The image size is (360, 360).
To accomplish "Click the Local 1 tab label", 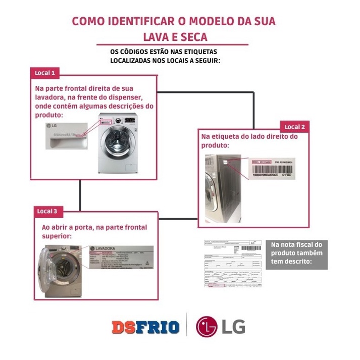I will [45, 73].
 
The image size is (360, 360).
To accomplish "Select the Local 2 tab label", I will [294, 127].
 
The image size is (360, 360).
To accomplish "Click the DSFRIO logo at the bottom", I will [145, 327].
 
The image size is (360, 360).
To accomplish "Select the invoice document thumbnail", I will [232, 264].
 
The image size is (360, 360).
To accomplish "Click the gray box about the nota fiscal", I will [296, 254].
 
